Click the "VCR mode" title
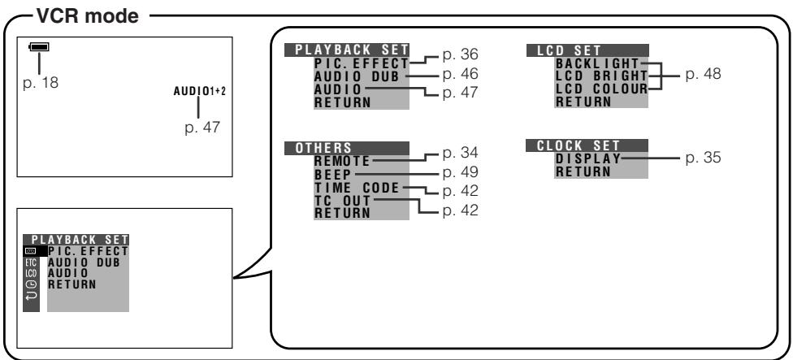(87, 16)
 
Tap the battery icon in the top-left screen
(40, 47)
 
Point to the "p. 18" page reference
(41, 83)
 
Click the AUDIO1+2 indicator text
(200, 91)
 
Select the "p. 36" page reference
(460, 54)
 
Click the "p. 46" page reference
(460, 74)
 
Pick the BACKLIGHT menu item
(597, 63)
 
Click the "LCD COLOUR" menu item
(601, 89)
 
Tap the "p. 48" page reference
(703, 74)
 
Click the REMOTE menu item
(342, 162)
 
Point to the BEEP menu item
(332, 175)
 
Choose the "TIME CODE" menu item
(357, 188)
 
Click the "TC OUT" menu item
(342, 201)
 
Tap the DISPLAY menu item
(588, 158)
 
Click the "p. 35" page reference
(703, 158)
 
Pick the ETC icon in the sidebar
(31, 262)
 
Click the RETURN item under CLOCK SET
(583, 171)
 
